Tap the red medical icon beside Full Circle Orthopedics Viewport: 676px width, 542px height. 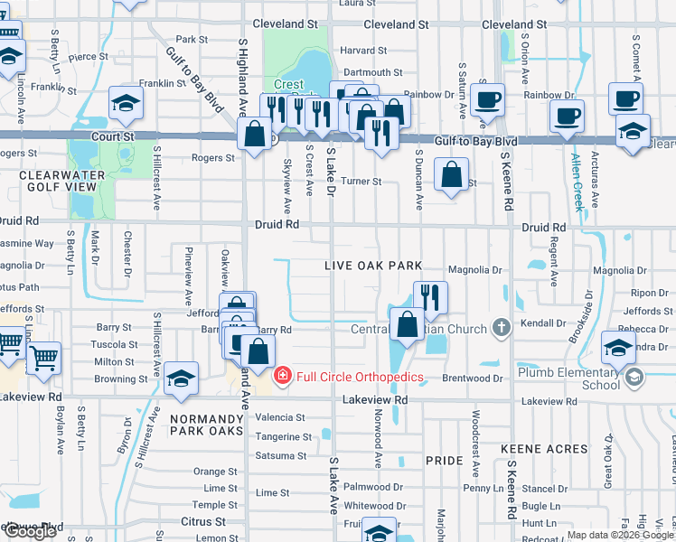tap(282, 374)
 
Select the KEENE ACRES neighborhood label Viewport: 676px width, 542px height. tap(543, 448)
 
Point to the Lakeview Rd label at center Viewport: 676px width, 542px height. tap(375, 398)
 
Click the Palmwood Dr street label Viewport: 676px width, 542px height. tap(373, 486)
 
